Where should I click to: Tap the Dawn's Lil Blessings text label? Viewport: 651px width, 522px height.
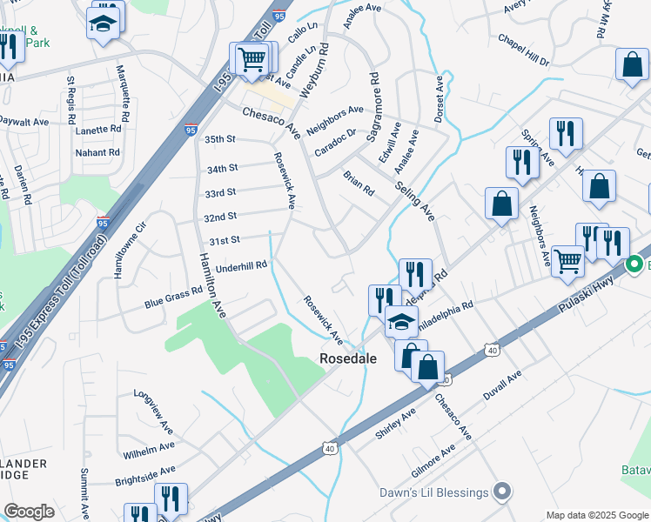(433, 492)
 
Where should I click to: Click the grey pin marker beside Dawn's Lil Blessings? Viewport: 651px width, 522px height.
(500, 492)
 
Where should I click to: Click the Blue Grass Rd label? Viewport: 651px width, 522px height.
(173, 298)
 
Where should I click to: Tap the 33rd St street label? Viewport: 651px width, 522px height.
(220, 192)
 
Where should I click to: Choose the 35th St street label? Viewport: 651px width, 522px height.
(220, 139)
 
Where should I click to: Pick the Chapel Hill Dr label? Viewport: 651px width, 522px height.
(524, 50)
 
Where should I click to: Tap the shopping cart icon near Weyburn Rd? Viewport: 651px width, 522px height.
(252, 59)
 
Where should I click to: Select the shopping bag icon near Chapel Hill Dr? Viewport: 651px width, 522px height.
(632, 65)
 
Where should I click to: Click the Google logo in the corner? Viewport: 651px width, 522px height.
(29, 512)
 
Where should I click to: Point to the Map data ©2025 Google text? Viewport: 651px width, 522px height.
(596, 515)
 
